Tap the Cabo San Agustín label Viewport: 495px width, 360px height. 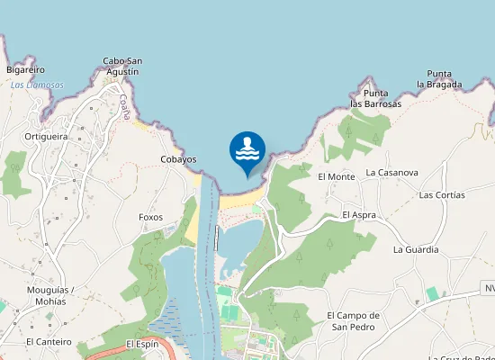[121, 66]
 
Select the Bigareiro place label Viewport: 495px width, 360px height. [25, 69]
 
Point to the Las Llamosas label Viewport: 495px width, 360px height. [37, 85]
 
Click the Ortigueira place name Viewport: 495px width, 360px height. [47, 137]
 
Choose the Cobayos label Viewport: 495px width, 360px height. [178, 159]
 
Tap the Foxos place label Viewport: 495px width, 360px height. [151, 217]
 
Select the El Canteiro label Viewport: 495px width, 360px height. [49, 342]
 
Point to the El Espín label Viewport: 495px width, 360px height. [142, 344]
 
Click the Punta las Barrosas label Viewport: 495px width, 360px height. [375, 98]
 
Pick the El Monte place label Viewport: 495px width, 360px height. [337, 176]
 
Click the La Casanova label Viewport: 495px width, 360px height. [391, 172]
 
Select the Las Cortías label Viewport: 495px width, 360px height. [442, 194]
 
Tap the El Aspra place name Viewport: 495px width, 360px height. [358, 216]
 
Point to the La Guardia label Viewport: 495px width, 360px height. [416, 249]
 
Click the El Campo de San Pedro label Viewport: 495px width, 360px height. [354, 320]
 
